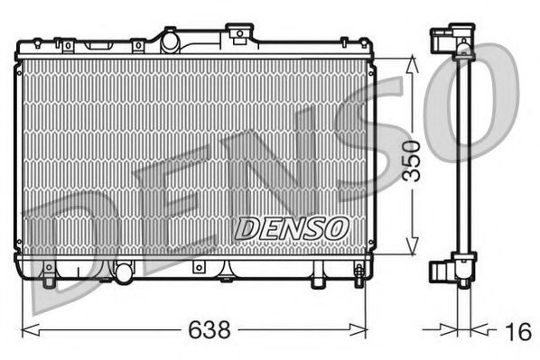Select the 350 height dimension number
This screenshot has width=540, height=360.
412,161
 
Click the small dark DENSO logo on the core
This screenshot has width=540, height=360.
290,227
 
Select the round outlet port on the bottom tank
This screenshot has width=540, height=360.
123,269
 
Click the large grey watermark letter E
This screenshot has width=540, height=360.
167,198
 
